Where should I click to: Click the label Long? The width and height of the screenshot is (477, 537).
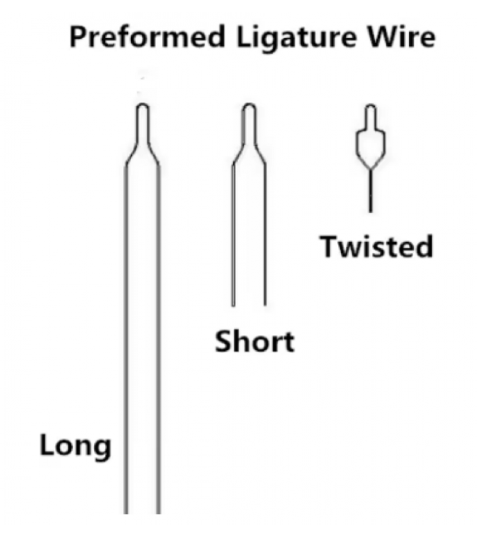pyautogui.click(x=75, y=446)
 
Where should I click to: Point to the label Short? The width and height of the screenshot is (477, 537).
pyautogui.click(x=255, y=342)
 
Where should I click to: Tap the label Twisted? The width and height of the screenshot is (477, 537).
pyautogui.click(x=376, y=246)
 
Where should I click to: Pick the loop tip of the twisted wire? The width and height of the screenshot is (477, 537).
pyautogui.click(x=370, y=107)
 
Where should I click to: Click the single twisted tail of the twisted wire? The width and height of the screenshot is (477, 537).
pyautogui.click(x=370, y=191)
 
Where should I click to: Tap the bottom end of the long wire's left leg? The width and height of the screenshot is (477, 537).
pyautogui.click(x=126, y=512)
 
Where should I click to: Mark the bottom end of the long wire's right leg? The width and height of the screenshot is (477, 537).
pyautogui.click(x=159, y=512)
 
